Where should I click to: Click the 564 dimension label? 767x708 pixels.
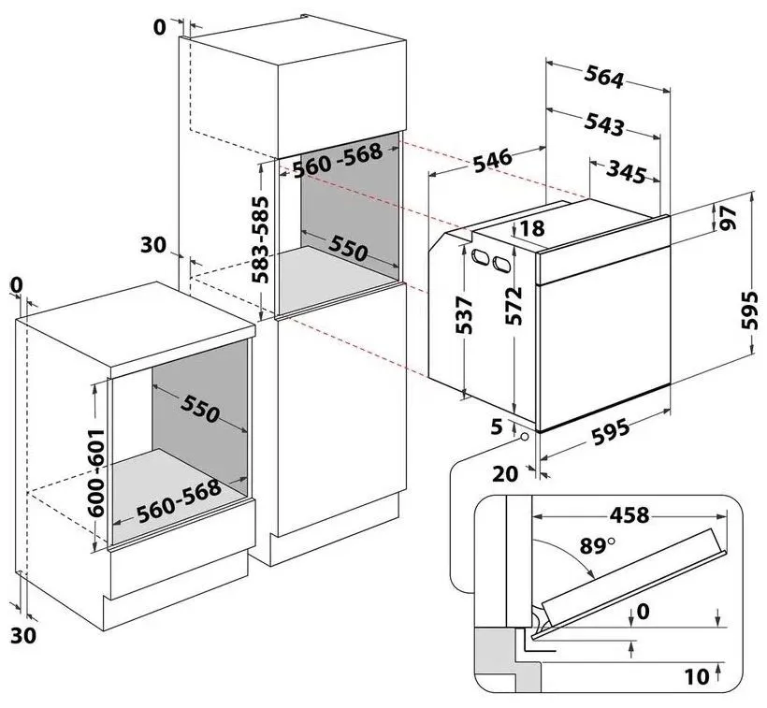(x=603, y=79)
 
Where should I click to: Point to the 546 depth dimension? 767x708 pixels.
(x=492, y=162)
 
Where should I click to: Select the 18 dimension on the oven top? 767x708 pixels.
(x=532, y=228)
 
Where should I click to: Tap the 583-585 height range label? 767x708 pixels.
(x=261, y=239)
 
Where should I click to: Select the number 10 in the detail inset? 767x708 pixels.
(x=695, y=675)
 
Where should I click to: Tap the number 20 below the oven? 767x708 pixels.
(x=505, y=473)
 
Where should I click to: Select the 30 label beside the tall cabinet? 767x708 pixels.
(x=153, y=245)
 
